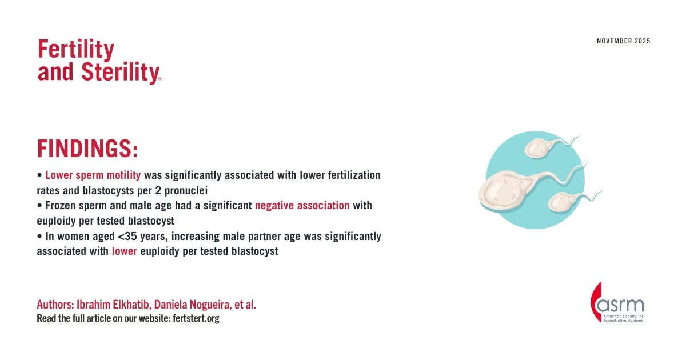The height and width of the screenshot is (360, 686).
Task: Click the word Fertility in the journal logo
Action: coord(76,50)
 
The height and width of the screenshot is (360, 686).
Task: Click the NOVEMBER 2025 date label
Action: coord(623,41)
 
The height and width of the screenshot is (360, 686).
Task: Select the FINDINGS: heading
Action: coord(88,149)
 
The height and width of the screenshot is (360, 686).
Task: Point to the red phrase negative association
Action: coord(302,205)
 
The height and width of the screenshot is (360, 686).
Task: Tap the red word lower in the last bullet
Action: coord(125,251)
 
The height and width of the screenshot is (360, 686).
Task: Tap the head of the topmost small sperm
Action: coord(539,149)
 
